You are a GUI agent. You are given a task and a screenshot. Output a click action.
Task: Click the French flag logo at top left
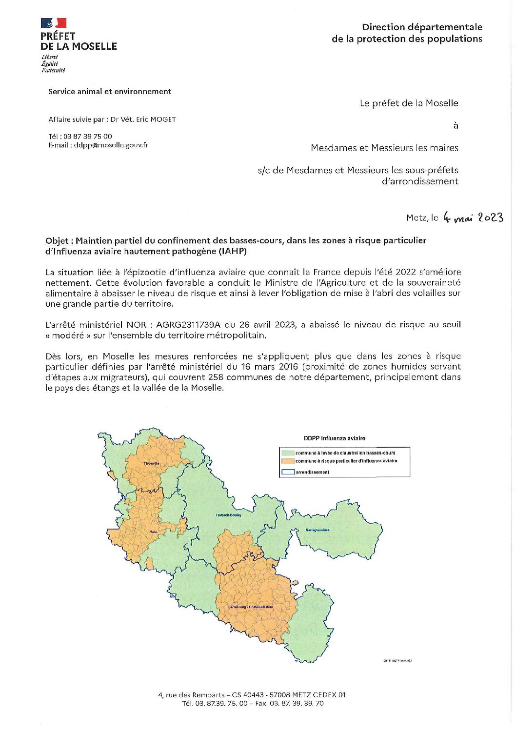pos(53,22)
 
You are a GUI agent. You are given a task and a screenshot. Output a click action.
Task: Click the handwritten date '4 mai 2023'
pos(473,217)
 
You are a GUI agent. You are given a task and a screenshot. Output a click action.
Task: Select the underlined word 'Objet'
pos(59,240)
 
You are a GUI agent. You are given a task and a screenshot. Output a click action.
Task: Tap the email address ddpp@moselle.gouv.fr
pos(111,145)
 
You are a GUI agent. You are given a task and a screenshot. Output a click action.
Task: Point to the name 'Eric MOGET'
pos(157,119)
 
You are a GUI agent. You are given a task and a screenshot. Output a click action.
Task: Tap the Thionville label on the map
pos(151,463)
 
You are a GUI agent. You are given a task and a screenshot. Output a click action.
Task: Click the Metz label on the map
pos(153,532)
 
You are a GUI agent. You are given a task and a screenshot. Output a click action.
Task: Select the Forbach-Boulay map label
pos(229,515)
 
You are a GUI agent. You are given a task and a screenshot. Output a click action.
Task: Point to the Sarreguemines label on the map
pos(317,530)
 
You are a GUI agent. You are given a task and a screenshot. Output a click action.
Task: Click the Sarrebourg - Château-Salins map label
pos(251,607)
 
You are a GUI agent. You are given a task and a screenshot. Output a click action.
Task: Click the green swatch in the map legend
pos(288,453)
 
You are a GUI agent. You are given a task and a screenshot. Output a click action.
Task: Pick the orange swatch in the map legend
pos(288,461)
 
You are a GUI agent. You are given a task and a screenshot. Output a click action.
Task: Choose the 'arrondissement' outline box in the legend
pos(288,472)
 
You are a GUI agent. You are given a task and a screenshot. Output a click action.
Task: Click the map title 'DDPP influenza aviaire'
pos(335,438)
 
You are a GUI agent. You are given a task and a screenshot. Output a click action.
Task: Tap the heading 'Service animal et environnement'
pos(110,92)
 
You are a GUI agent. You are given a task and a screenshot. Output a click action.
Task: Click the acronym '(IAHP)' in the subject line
pos(233,252)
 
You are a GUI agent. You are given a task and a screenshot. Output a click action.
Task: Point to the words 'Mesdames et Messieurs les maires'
pos(384,148)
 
